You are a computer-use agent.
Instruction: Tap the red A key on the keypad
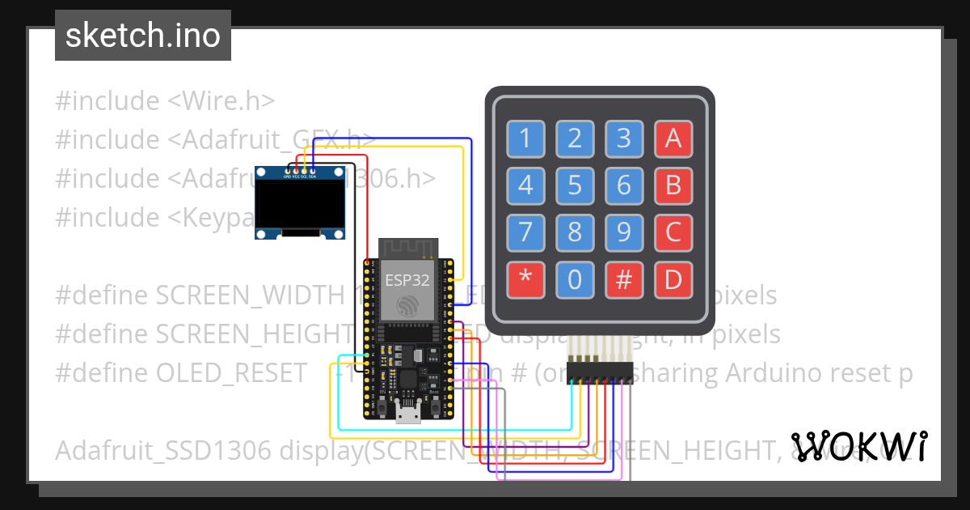[x=673, y=139]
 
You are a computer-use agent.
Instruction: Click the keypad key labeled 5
[x=575, y=186]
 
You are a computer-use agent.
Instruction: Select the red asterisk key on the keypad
[x=525, y=280]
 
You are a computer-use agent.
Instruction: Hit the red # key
[x=624, y=280]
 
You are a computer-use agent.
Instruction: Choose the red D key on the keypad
[x=673, y=280]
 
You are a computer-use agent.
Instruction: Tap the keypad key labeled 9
[x=624, y=233]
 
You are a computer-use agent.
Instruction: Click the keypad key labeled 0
[x=575, y=280]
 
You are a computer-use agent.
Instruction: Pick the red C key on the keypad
[x=673, y=233]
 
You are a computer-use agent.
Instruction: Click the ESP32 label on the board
[x=407, y=281]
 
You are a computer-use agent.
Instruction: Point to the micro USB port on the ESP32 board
[x=407, y=414]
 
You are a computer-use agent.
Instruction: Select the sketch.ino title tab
[x=143, y=36]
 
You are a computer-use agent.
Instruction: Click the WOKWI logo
[x=859, y=446]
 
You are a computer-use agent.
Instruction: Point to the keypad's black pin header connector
[x=599, y=372]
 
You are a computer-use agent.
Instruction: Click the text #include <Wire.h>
[x=165, y=101]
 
